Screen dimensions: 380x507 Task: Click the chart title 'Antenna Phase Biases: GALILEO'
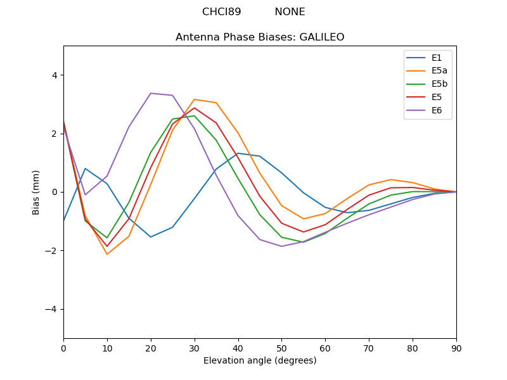[x=260, y=37]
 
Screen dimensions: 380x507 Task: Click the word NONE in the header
[x=290, y=12]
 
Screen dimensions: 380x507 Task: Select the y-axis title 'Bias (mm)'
[x=36, y=192]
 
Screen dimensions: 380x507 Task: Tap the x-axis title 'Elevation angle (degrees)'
[x=260, y=361]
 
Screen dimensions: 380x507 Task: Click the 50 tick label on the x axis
[x=281, y=348]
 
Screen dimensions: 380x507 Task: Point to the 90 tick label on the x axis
[x=456, y=348]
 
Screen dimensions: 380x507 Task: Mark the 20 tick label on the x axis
[x=151, y=348]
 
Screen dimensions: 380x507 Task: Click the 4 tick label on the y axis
[x=54, y=75]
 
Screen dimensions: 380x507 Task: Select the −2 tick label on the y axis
[x=51, y=251]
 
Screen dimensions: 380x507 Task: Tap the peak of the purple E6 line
[x=151, y=93]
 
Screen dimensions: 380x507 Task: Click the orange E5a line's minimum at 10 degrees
[x=107, y=255]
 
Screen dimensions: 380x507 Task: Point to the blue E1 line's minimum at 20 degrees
[x=151, y=237]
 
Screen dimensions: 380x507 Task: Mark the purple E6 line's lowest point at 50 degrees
[x=281, y=246]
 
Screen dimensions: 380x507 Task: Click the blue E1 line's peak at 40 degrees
[x=238, y=153]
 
